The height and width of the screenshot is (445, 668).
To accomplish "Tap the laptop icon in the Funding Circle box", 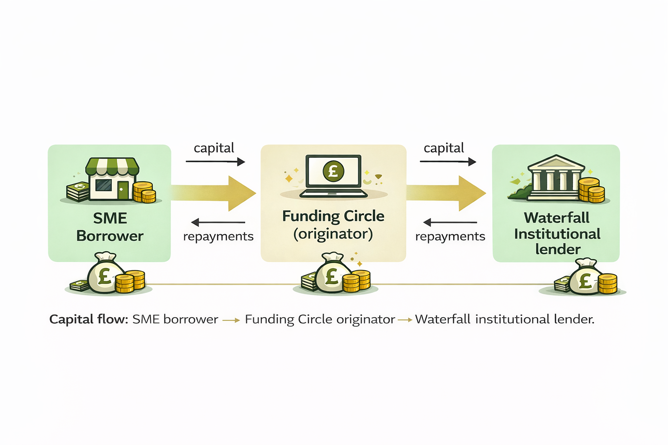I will pos(334,176).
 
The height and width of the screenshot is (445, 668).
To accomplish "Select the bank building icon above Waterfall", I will pos(556,178).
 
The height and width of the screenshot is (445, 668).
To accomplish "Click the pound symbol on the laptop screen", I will pos(334,170).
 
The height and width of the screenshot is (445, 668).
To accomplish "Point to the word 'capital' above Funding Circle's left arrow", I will pos(214,148).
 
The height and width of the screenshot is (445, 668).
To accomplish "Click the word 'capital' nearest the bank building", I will pos(444,148).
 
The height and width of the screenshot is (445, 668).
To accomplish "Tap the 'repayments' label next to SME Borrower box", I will pos(218,236).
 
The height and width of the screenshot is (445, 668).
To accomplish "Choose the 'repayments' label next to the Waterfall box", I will pos(450,236).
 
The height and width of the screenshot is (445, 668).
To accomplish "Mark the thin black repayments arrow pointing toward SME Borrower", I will pos(218,222).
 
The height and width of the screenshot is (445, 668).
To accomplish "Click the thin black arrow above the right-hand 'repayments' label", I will pos(450,222).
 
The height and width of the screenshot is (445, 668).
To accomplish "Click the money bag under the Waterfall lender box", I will pos(585,279).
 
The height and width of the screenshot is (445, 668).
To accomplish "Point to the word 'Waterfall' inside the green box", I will pos(557,217).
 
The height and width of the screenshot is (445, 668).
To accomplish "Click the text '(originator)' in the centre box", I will pos(333,234).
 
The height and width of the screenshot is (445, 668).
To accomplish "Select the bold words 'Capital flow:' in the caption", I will pos(89,319).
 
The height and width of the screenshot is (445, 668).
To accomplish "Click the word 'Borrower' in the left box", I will pos(110,236).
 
